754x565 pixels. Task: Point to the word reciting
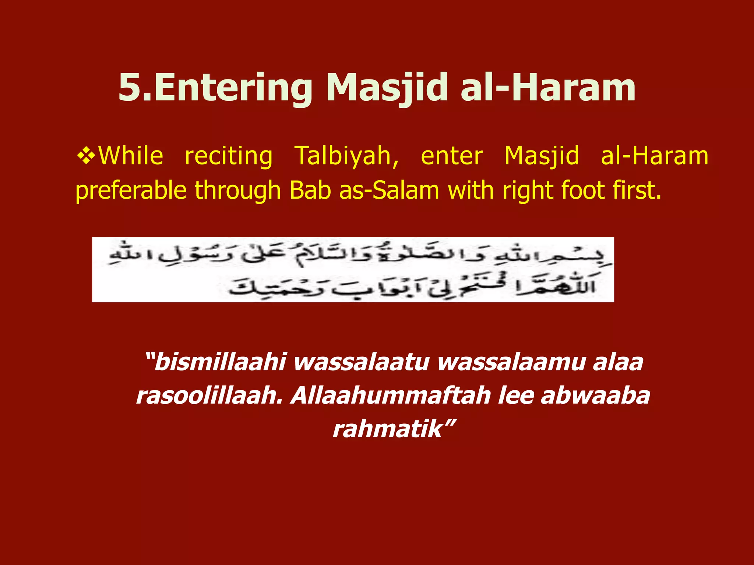[x=228, y=156]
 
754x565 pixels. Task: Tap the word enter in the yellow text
[x=451, y=156]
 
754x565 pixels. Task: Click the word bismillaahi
[x=220, y=362]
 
